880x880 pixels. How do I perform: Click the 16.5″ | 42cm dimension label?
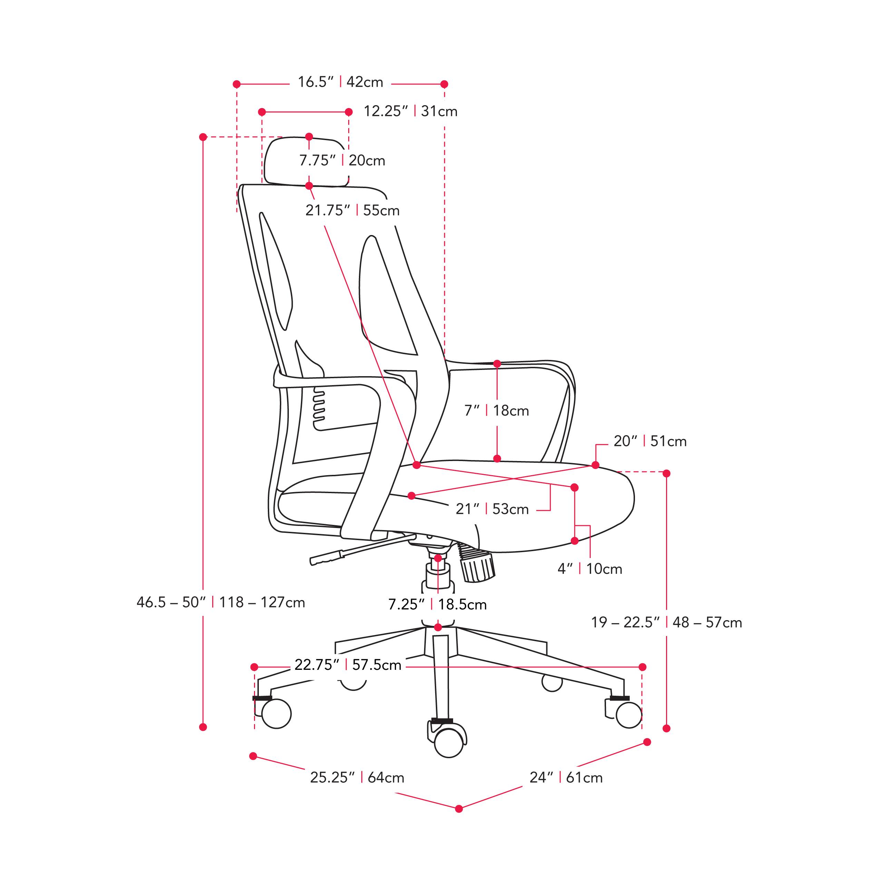[340, 82]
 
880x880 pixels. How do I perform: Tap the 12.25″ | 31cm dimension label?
[410, 111]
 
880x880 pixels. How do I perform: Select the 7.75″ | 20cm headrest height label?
[342, 161]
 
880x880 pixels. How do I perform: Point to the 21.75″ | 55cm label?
[352, 211]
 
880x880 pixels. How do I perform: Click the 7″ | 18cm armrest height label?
[497, 411]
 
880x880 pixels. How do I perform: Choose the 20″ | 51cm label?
[650, 441]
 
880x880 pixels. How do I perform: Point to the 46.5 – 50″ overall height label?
[221, 603]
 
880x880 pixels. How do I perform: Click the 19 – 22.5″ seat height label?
[666, 623]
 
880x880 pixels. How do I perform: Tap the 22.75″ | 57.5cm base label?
[348, 665]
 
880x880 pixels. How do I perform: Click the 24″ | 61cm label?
[566, 778]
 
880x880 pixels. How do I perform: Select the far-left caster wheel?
[276, 713]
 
